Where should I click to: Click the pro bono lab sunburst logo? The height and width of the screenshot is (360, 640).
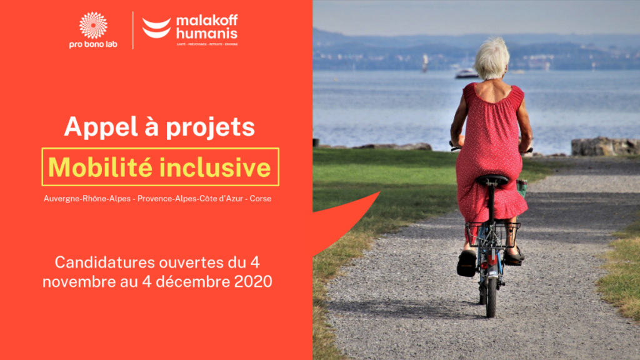tap(93, 26)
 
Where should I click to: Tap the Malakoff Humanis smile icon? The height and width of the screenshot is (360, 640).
tap(156, 28)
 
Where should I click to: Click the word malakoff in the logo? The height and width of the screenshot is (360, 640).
tap(207, 20)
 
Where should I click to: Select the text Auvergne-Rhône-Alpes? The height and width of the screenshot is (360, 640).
tap(87, 198)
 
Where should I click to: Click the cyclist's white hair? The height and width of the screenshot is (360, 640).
tap(491, 57)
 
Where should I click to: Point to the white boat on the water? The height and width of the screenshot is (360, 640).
tap(466, 74)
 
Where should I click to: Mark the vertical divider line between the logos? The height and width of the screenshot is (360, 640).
tap(133, 29)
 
